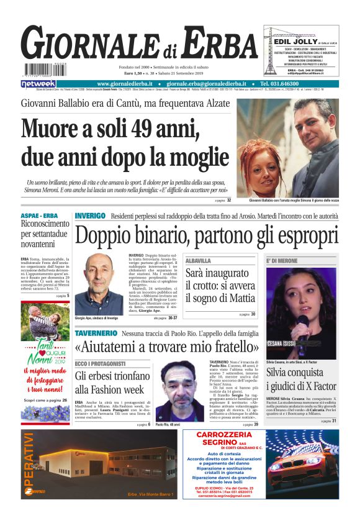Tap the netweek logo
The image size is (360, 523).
pos(38,84)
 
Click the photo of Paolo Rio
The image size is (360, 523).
pos(178,391)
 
